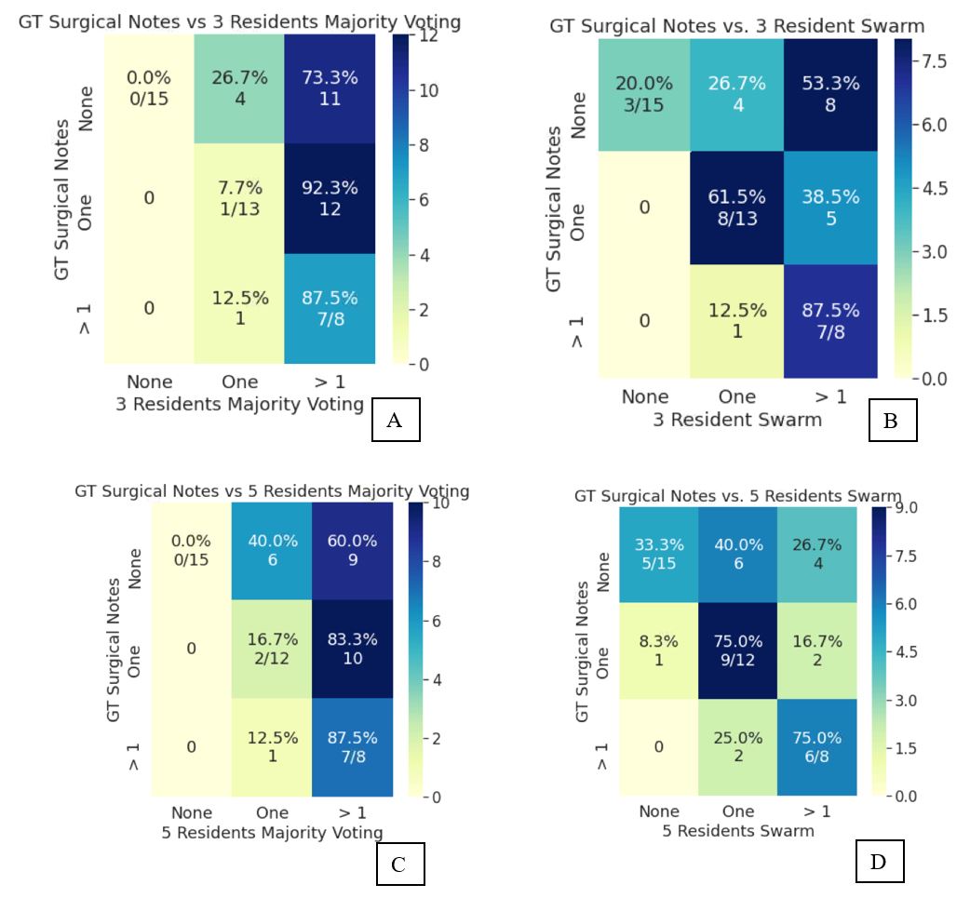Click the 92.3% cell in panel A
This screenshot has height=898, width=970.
click(x=330, y=198)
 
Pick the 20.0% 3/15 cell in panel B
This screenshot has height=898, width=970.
click(x=645, y=94)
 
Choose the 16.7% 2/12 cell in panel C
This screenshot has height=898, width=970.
click(x=272, y=647)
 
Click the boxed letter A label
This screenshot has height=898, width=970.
click(x=394, y=421)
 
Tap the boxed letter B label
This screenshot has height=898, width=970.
click(x=890, y=422)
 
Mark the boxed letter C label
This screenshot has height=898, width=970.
click(x=398, y=864)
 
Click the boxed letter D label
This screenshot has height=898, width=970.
click(x=878, y=863)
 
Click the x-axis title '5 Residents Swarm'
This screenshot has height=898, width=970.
click(x=738, y=830)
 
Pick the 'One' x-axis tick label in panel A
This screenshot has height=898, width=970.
click(x=239, y=382)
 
